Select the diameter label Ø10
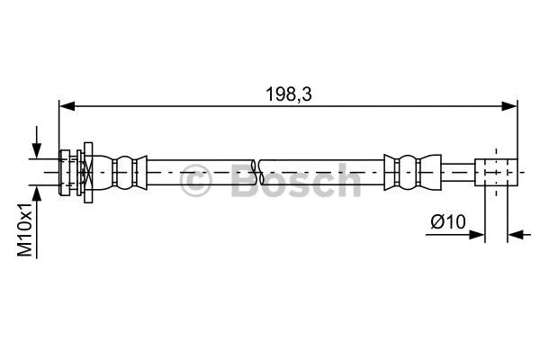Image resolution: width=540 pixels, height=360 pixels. pos(448,220)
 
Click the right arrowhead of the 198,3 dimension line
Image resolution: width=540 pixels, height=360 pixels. pos(511,105)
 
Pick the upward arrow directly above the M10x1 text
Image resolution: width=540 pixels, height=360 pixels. pos(37,192)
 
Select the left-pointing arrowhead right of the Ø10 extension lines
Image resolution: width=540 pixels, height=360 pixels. pos(515,237)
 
